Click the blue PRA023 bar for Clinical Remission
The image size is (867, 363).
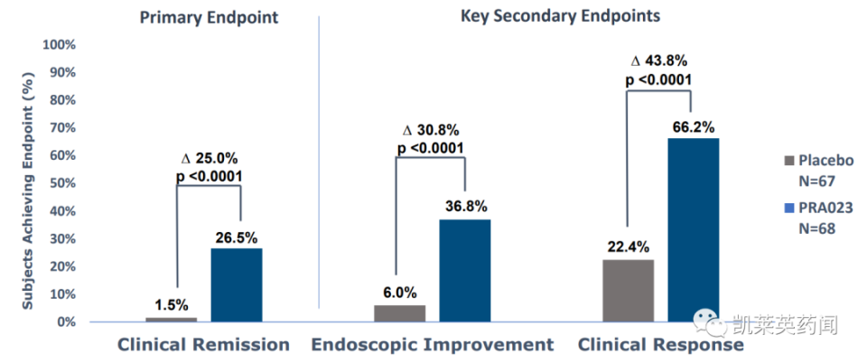coord(237,285)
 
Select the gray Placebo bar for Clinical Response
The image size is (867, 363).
coord(629,291)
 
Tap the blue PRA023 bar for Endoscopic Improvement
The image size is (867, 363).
coord(465,271)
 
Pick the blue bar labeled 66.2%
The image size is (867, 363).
coord(694,230)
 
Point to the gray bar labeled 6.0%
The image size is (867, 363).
coord(400,313)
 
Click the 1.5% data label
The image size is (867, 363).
coord(172,305)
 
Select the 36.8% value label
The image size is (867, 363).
coord(466,207)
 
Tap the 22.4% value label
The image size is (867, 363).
coord(629,247)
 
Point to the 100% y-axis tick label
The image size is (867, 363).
coord(59,45)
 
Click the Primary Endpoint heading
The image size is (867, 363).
coord(209,18)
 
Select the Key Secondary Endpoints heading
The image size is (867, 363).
coord(561,16)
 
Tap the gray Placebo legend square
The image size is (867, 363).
coord(788,161)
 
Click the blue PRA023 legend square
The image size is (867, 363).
coord(788,209)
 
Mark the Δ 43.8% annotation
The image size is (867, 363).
coord(659,61)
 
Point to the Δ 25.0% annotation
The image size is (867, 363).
coord(210,159)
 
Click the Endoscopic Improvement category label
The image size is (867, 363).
coord(433,345)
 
